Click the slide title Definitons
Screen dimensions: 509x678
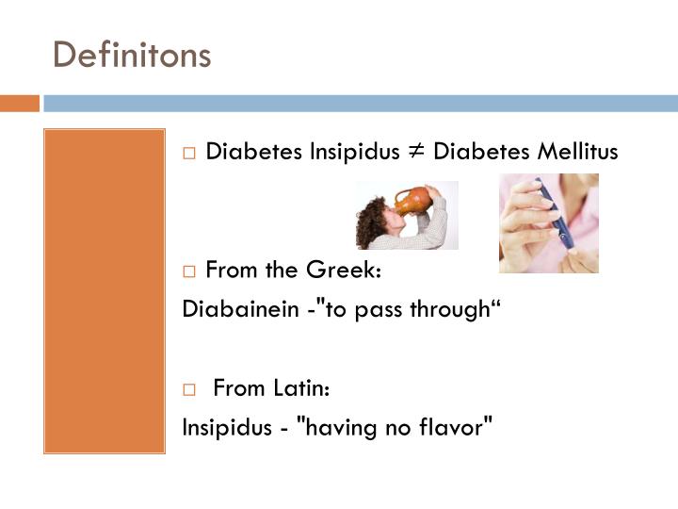pos(132,54)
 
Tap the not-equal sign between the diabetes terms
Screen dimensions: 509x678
pos(416,152)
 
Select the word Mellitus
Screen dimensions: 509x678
pos(574,152)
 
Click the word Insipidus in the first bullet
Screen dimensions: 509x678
pos(354,152)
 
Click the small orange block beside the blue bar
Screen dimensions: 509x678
pos(19,103)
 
